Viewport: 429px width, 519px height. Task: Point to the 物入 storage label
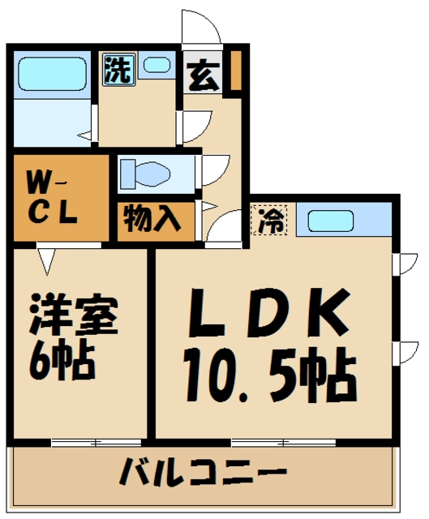point(152,219)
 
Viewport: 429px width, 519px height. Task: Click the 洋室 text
point(75,316)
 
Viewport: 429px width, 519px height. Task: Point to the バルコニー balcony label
point(204,473)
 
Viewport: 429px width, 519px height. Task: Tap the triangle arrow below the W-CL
point(46,260)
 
